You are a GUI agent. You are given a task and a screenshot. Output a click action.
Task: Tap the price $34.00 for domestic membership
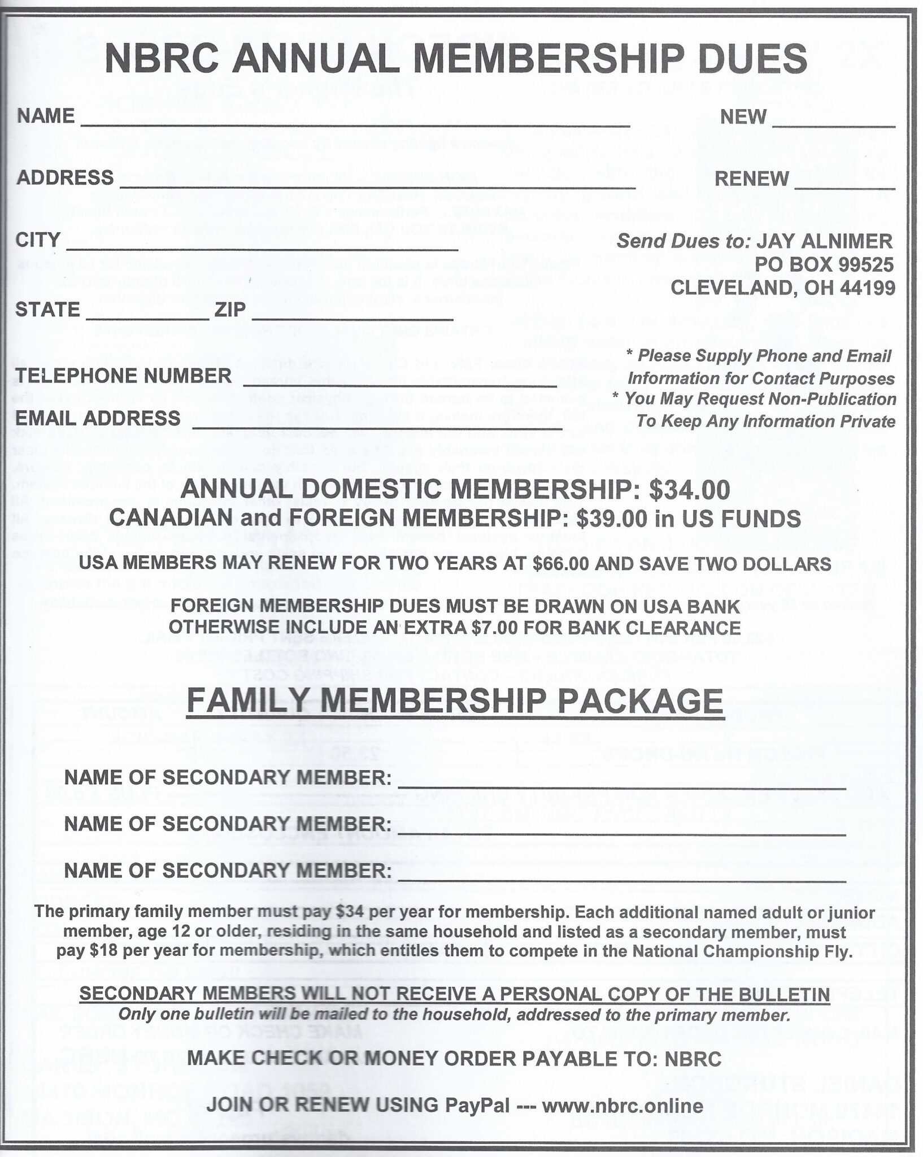tap(689, 490)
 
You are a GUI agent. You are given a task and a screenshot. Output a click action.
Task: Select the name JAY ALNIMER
tap(824, 241)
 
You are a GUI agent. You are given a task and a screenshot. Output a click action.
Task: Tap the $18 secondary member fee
tap(103, 952)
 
